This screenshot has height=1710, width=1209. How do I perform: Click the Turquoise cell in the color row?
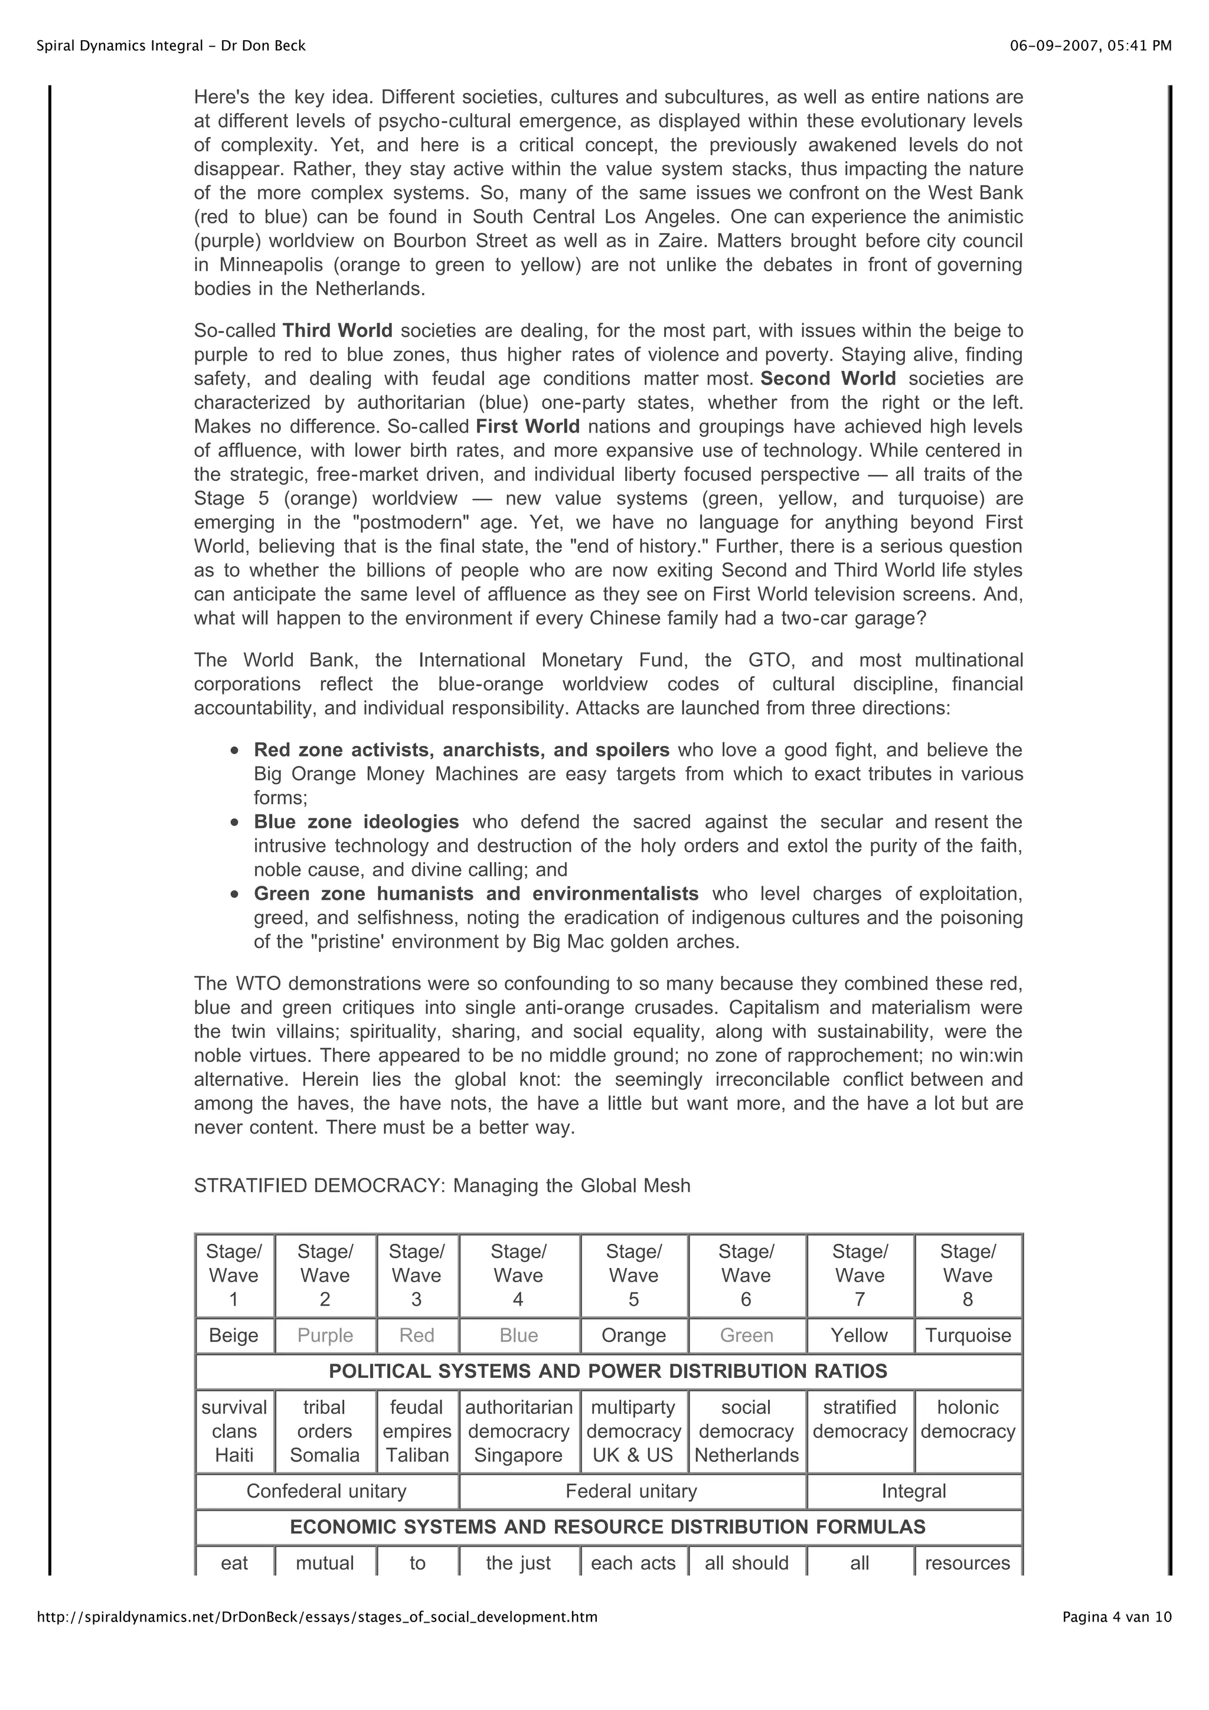[x=967, y=1335]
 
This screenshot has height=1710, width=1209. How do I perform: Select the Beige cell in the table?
[x=234, y=1335]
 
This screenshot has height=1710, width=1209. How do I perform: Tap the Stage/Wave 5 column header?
[x=633, y=1275]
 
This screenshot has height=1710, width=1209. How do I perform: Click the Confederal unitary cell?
[x=326, y=1491]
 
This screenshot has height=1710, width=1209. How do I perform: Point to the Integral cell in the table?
[x=913, y=1491]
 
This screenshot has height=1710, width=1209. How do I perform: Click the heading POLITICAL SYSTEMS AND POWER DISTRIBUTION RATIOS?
[x=608, y=1371]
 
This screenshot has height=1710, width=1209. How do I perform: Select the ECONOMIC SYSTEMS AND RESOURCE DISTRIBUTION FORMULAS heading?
[x=608, y=1527]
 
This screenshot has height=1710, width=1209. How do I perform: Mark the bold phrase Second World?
[x=828, y=378]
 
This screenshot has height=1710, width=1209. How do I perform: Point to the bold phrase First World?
[x=527, y=427]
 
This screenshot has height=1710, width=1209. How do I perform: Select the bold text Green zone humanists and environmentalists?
[x=476, y=894]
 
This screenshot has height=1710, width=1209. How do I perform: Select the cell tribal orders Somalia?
[x=325, y=1431]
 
